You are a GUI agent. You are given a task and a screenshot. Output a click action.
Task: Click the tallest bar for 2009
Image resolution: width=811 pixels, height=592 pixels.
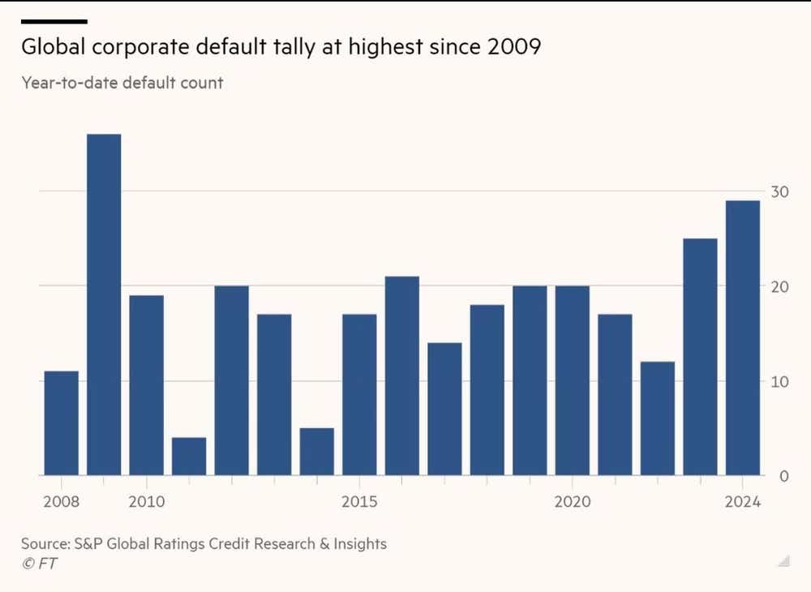tap(104, 304)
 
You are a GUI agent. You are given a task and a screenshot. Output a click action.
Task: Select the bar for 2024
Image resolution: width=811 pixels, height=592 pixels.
tap(742, 337)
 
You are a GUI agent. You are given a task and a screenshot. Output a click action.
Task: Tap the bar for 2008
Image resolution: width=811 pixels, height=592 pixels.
tap(61, 423)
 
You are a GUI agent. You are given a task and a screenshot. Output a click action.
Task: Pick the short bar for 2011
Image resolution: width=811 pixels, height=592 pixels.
tap(189, 456)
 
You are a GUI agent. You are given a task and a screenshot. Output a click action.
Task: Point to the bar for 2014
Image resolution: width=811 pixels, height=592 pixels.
tap(316, 451)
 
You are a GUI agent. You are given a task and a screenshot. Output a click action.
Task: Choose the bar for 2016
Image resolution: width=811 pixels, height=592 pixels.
tap(401, 375)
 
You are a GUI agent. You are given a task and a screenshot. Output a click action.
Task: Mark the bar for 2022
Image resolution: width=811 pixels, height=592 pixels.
tap(657, 418)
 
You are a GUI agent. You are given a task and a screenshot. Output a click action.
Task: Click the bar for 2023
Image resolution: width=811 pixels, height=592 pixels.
tap(700, 357)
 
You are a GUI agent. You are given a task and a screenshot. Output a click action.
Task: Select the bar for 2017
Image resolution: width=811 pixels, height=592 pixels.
tap(444, 409)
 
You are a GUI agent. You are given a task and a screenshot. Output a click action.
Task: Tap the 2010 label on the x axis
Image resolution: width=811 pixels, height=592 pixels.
tap(146, 502)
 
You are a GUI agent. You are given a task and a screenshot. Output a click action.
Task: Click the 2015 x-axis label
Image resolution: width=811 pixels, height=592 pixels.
tap(359, 502)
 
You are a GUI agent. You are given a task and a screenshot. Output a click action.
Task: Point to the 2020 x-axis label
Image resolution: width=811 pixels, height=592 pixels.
tap(572, 502)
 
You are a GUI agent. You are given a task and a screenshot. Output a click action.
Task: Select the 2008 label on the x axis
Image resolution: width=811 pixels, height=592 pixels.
tap(61, 502)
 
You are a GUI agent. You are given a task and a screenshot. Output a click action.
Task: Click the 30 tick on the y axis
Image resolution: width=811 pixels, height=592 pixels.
tap(779, 191)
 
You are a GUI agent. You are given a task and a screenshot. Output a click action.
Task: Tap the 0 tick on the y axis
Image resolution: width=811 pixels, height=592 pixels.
tap(783, 476)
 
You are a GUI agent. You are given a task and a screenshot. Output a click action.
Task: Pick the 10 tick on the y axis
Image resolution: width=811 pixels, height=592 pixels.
tap(779, 381)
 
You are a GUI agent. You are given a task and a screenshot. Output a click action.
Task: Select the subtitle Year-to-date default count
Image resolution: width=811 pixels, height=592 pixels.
tap(122, 83)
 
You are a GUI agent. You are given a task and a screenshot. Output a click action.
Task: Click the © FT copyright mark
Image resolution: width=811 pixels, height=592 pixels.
tap(39, 564)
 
